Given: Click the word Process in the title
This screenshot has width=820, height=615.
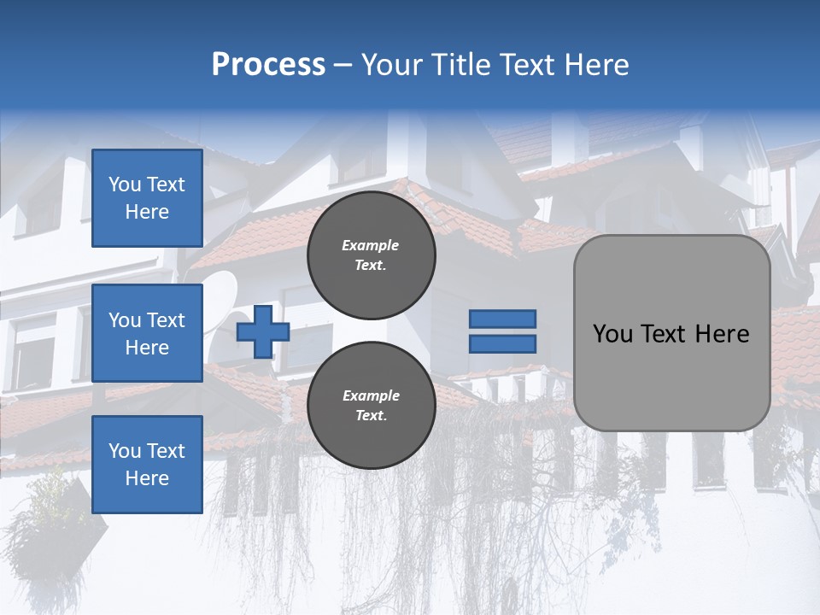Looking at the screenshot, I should [x=268, y=65].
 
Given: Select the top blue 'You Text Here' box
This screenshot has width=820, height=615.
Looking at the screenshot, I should [x=147, y=198].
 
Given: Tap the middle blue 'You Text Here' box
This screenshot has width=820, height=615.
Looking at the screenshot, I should [x=147, y=333].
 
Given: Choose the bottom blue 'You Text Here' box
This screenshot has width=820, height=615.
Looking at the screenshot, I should [x=147, y=464].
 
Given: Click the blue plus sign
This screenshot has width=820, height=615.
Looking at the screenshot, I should [x=263, y=331].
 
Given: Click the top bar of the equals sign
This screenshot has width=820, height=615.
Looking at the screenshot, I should [x=502, y=319].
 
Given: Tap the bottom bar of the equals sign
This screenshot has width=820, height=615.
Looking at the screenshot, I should [x=502, y=343].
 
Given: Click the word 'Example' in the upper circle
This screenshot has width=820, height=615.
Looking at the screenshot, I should [x=371, y=245].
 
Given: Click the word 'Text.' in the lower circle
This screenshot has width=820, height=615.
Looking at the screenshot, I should [x=371, y=416].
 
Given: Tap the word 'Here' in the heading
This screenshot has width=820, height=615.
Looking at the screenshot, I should [x=597, y=65].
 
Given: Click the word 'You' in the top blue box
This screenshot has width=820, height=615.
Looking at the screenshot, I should [x=124, y=184].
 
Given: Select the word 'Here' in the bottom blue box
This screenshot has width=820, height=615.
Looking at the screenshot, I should [x=147, y=478].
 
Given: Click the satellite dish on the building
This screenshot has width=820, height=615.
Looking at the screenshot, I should [x=220, y=295].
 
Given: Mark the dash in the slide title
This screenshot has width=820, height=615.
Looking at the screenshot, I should [x=343, y=65].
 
